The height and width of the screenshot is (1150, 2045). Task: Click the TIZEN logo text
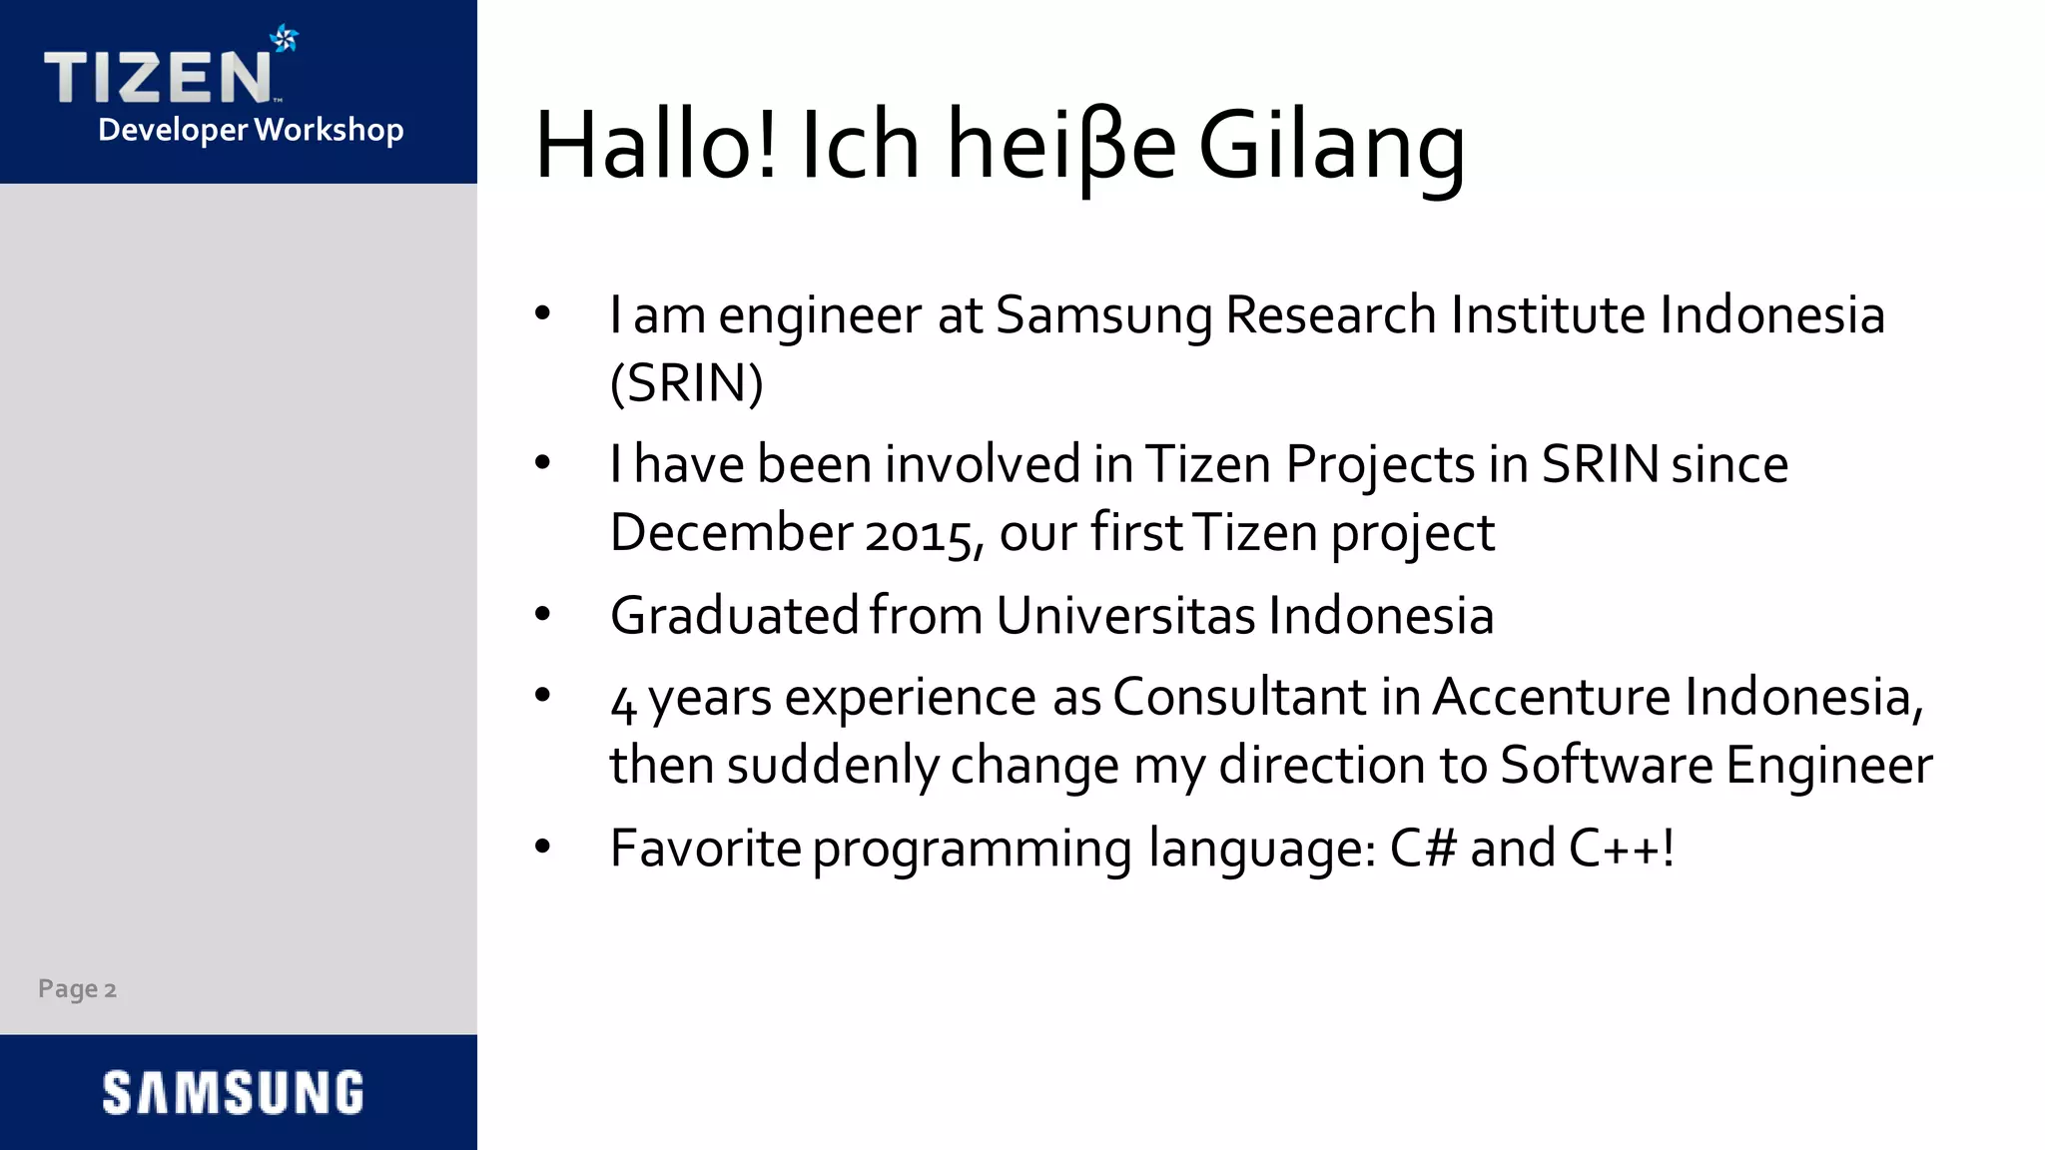click(157, 78)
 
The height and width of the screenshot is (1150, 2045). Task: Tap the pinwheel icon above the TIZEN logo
click(285, 38)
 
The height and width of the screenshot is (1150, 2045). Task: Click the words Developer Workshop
click(251, 130)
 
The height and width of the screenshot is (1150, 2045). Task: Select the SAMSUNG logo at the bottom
click(234, 1092)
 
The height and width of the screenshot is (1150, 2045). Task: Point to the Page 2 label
click(77, 989)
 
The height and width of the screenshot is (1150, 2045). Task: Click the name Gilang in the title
click(1331, 147)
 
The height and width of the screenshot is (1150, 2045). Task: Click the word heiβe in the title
click(1061, 147)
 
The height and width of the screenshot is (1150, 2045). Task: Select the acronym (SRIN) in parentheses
click(687, 383)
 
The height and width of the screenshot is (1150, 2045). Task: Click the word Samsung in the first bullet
click(1103, 315)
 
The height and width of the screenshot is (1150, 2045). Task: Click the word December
click(730, 532)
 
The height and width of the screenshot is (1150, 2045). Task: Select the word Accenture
click(1551, 697)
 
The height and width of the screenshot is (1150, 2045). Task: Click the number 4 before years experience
click(623, 703)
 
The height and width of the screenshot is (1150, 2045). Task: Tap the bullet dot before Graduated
click(542, 614)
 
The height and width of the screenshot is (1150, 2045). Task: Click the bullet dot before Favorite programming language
click(542, 848)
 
